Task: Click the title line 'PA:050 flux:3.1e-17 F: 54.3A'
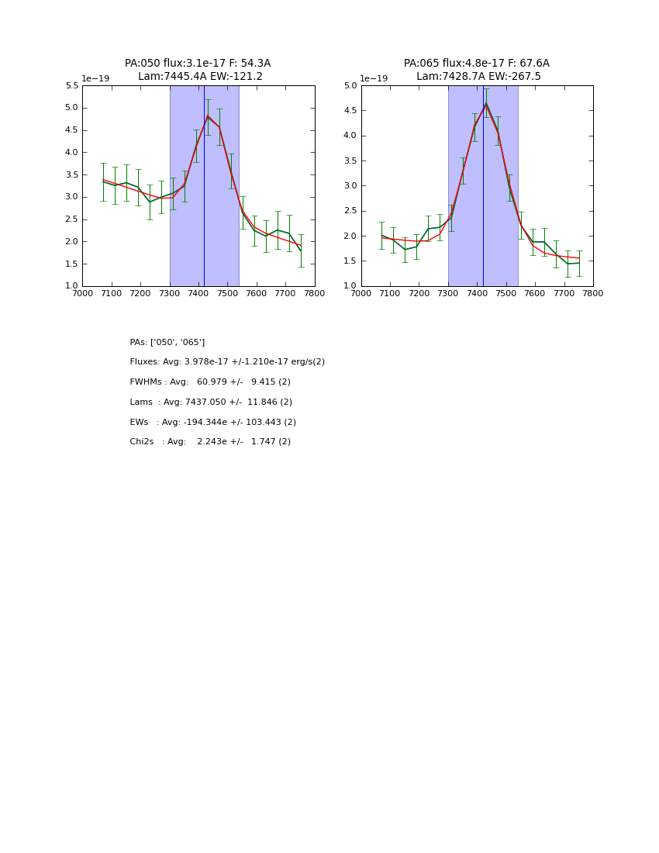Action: point(198,64)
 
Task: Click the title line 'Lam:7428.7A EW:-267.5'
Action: point(478,77)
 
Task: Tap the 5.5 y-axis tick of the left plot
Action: point(71,85)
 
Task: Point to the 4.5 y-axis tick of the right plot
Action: point(350,111)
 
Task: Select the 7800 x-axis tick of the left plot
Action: point(314,293)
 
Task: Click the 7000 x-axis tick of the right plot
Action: point(361,293)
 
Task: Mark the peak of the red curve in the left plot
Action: point(208,116)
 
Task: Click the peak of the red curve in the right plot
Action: point(486,105)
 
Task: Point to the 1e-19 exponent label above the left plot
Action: point(95,79)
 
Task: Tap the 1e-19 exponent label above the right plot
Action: point(374,79)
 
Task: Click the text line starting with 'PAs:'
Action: point(167,342)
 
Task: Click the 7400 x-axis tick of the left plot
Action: point(198,293)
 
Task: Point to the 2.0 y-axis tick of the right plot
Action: point(350,236)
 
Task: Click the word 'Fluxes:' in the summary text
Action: point(145,362)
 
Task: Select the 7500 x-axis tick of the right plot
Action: point(506,293)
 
